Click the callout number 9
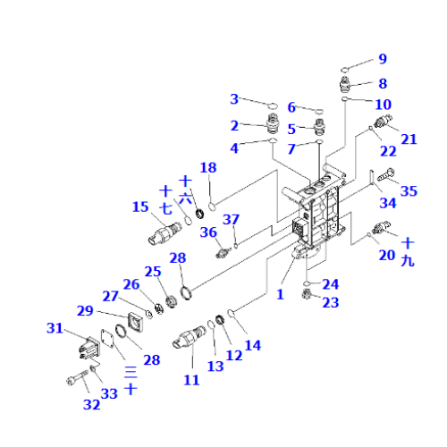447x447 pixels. pos(382,59)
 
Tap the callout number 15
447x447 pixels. pos(139,207)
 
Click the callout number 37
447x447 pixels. pos(231,220)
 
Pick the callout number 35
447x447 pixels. pos(409,190)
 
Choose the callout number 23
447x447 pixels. pos(331,303)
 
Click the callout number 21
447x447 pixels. pos(409,138)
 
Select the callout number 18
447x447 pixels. pos(208,168)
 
